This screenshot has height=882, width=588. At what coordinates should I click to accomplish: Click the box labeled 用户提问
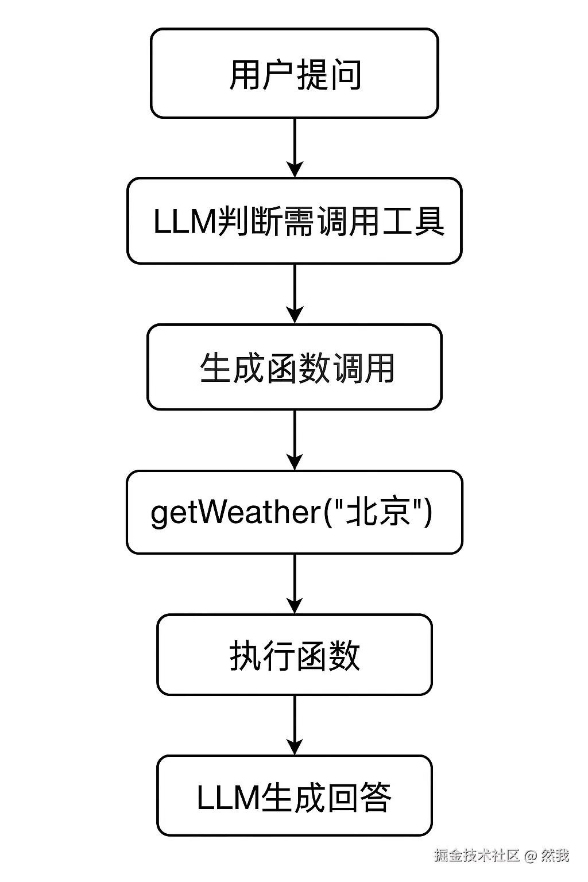[294, 73]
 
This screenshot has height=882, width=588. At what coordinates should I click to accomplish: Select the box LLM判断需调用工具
[294, 221]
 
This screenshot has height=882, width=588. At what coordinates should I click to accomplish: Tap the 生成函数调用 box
[294, 367]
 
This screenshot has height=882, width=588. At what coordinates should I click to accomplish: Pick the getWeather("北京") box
[294, 512]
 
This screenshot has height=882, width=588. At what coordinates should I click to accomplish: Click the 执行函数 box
[294, 655]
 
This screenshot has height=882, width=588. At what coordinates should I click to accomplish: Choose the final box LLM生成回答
[294, 796]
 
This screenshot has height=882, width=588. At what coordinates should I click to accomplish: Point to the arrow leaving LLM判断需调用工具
[295, 293]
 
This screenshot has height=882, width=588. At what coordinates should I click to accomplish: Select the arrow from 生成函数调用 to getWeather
[295, 440]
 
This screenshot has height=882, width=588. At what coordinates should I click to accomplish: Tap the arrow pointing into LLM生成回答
[295, 725]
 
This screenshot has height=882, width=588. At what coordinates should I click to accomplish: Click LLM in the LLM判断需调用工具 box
[184, 222]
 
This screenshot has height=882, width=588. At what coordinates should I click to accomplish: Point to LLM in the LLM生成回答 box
[227, 797]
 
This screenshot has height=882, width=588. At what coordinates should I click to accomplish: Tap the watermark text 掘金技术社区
[477, 856]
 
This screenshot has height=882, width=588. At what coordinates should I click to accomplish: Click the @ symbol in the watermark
[530, 856]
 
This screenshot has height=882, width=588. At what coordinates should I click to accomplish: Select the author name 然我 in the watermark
[555, 856]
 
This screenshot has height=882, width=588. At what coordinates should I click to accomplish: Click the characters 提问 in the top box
[328, 75]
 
